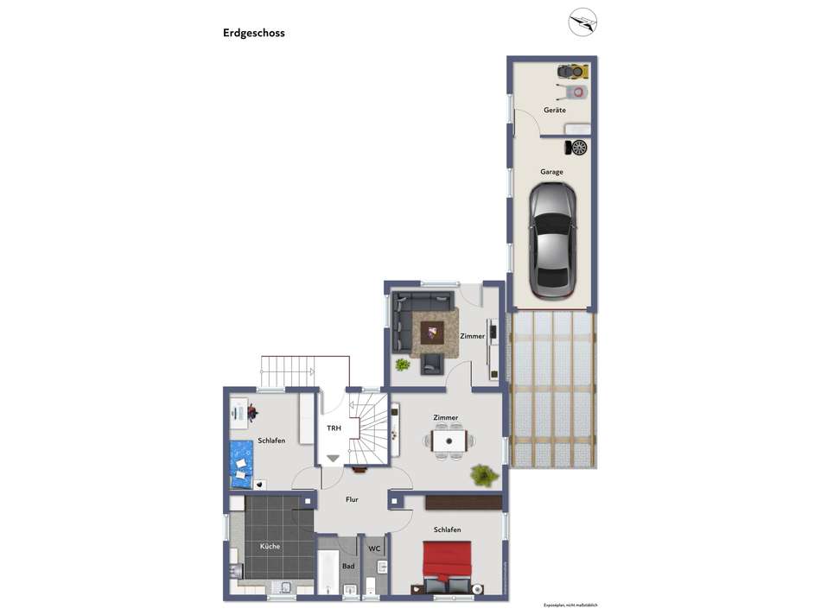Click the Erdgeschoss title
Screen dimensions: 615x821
[253, 34]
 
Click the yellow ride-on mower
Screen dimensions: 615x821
[572, 71]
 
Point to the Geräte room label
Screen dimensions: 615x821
[554, 110]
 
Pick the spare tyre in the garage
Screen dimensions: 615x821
[577, 147]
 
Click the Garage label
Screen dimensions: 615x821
[551, 172]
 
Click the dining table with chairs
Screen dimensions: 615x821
[449, 441]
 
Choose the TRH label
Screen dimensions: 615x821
[333, 428]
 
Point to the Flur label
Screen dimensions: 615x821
[351, 499]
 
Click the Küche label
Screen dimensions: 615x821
[270, 547]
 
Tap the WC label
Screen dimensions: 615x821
[374, 548]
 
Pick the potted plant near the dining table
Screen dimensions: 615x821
[481, 474]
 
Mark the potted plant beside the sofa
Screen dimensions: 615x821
[402, 365]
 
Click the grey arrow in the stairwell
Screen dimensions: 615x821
[333, 458]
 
